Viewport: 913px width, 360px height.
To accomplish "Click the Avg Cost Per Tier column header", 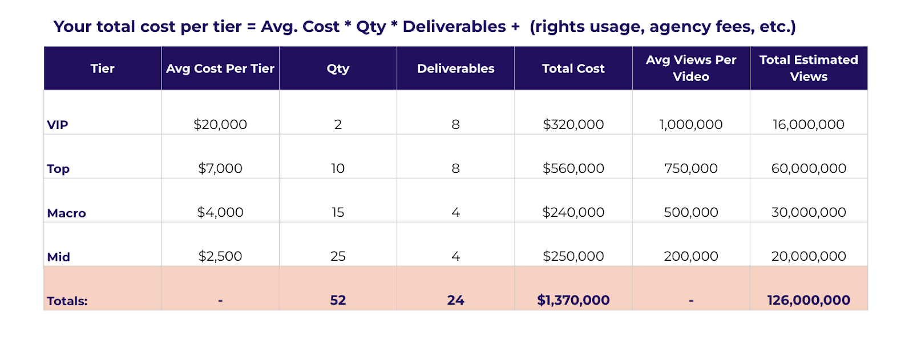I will pyautogui.click(x=220, y=68).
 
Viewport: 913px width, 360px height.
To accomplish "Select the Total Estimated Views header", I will pyautogui.click(x=809, y=68).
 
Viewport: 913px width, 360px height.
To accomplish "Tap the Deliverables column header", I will pyautogui.click(x=455, y=68).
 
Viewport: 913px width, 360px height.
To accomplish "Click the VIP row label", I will pyautogui.click(x=58, y=125).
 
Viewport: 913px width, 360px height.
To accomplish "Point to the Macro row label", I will pyautogui.click(x=66, y=213).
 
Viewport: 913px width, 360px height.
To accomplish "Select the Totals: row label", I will pyautogui.click(x=67, y=301).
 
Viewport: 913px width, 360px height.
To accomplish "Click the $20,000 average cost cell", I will pyautogui.click(x=220, y=124).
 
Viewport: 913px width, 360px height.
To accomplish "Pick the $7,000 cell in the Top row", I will pyautogui.click(x=220, y=168).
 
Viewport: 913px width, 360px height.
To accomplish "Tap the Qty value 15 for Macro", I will pyautogui.click(x=338, y=212).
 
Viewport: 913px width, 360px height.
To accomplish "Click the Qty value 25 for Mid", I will pyautogui.click(x=338, y=256).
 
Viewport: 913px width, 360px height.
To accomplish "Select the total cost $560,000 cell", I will pyautogui.click(x=573, y=168).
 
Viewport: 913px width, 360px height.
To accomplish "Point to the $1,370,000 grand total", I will pyautogui.click(x=573, y=300).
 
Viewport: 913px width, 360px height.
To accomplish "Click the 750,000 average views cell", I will pyautogui.click(x=691, y=168).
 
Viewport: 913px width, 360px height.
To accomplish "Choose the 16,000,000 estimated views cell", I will pyautogui.click(x=809, y=124).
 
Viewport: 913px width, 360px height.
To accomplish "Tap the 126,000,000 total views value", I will pyautogui.click(x=809, y=300).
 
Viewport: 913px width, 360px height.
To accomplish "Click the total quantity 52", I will pyautogui.click(x=338, y=300).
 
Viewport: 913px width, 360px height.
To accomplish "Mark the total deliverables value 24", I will pyautogui.click(x=455, y=300).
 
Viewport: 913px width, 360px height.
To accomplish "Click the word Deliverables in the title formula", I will pyautogui.click(x=454, y=27).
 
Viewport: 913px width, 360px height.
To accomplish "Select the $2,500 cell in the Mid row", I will pyautogui.click(x=220, y=256).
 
